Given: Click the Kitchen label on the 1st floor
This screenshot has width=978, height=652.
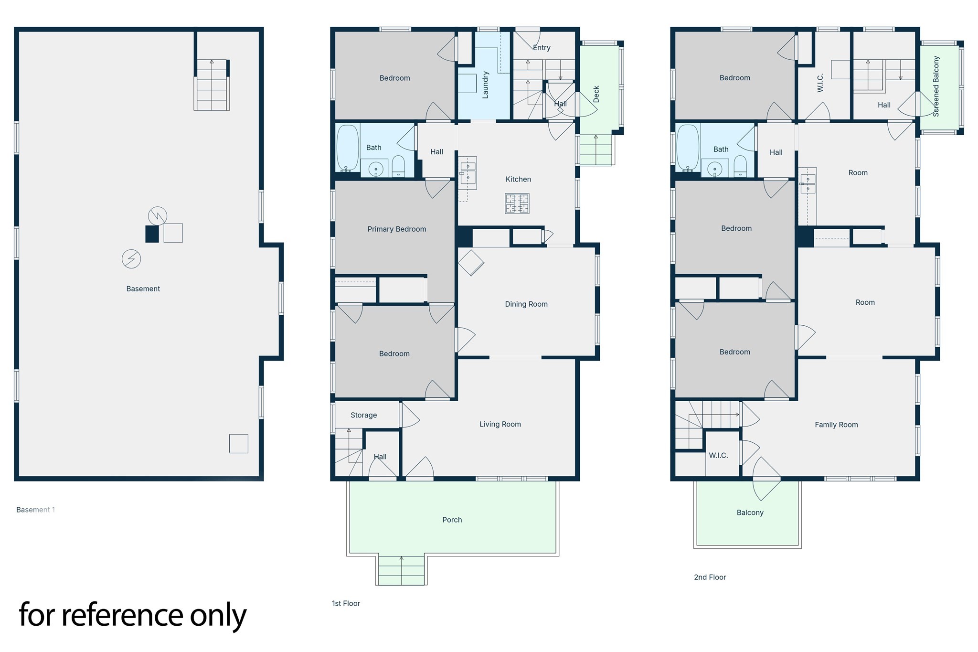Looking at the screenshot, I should (518, 180).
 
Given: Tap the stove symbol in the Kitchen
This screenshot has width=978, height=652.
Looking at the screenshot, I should (517, 203).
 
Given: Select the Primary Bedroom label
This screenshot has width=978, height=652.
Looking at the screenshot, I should (396, 229).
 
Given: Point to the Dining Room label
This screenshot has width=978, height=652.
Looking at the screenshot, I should (526, 304).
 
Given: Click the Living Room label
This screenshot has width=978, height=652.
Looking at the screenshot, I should (500, 424).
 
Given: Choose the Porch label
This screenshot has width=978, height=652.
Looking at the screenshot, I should (452, 520).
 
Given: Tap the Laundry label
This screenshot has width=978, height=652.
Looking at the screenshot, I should (486, 85).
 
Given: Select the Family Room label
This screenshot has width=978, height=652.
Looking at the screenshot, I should (836, 425).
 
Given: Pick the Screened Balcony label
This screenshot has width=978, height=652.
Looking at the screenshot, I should (936, 86).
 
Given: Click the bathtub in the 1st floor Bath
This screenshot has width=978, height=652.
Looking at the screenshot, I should (347, 148).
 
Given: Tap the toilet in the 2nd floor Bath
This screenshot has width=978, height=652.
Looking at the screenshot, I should (740, 166).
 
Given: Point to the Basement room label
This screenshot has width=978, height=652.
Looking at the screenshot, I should (143, 289).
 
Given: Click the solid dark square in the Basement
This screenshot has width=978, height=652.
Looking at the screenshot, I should (152, 234).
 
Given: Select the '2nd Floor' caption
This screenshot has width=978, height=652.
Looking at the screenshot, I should (710, 577).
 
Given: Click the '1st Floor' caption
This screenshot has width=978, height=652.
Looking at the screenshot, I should (346, 604).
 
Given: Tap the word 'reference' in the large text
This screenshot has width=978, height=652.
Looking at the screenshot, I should (122, 615).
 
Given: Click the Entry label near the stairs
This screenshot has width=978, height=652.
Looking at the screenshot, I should (542, 48).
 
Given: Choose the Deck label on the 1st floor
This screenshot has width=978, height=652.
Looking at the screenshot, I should (596, 94).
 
